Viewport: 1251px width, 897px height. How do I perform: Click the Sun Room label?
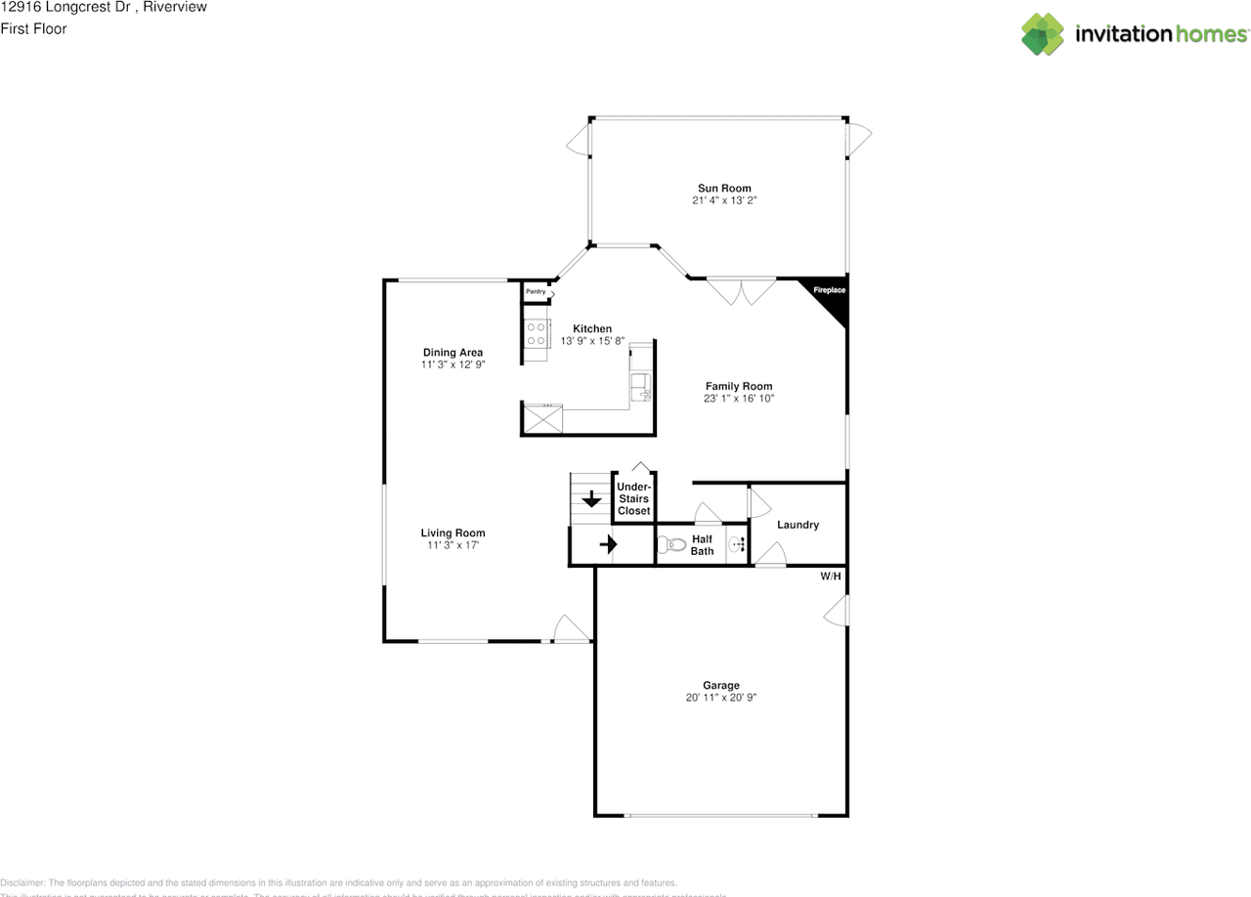click(x=723, y=188)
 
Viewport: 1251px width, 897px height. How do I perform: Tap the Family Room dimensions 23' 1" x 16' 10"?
click(x=739, y=399)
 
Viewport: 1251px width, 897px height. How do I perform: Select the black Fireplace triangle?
click(x=830, y=300)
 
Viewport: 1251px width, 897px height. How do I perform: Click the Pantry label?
click(x=536, y=291)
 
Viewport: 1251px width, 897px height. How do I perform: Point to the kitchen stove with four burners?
click(x=536, y=334)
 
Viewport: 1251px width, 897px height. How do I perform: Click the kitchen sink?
click(x=641, y=386)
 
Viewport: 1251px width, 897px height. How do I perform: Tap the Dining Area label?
click(x=453, y=352)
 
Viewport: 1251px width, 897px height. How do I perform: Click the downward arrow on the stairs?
click(x=591, y=499)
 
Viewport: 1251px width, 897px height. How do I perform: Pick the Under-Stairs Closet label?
click(x=633, y=498)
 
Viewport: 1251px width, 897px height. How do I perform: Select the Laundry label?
click(x=798, y=525)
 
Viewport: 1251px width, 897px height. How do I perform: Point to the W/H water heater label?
click(x=830, y=577)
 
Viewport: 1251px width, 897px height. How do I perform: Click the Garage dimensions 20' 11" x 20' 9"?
click(x=721, y=698)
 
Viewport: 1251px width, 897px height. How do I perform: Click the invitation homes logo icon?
click(x=1043, y=34)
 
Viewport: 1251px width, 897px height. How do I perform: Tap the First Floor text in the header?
click(x=33, y=28)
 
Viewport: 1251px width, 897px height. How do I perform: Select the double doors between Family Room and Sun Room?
click(x=741, y=290)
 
